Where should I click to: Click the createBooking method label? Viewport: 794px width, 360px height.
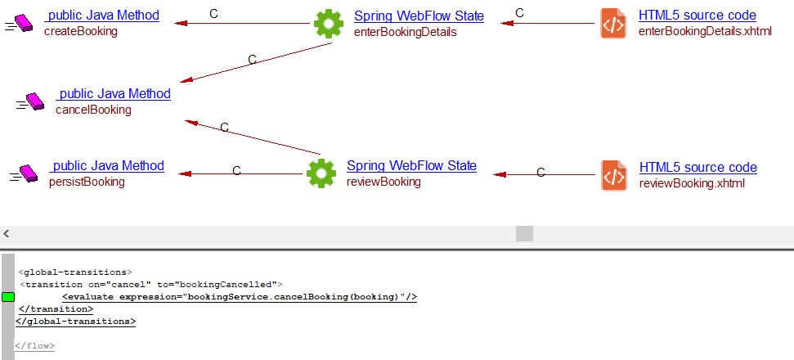tap(80, 32)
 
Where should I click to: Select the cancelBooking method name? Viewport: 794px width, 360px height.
tap(92, 110)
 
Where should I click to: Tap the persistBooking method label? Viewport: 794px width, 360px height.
tap(87, 182)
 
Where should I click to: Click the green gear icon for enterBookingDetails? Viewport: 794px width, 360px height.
tap(328, 23)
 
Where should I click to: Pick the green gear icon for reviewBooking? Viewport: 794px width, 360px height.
tap(321, 173)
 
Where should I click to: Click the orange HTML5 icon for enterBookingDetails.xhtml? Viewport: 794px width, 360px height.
tap(613, 23)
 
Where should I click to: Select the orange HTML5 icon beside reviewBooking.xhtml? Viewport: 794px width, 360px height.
tap(613, 175)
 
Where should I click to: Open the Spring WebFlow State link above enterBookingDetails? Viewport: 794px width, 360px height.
tap(419, 16)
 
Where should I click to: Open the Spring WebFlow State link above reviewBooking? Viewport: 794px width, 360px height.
tap(411, 166)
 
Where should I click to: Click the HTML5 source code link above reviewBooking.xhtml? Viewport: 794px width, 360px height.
tap(698, 168)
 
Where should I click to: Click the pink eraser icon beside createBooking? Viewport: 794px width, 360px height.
tap(23, 23)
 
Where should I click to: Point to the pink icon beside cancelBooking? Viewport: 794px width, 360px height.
tap(33, 101)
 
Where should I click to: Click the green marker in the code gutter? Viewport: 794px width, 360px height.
tap(8, 296)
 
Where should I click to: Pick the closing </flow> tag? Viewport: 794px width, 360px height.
tap(34, 346)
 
